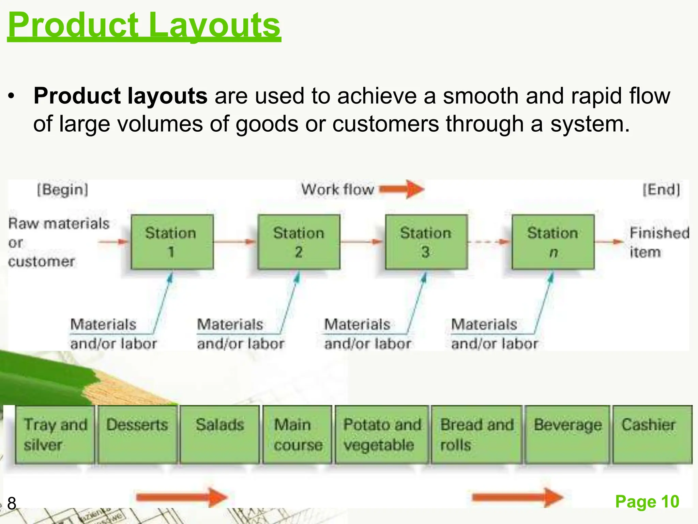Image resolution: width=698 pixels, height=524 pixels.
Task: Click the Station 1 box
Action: (x=172, y=242)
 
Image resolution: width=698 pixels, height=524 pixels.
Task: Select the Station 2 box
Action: (x=299, y=242)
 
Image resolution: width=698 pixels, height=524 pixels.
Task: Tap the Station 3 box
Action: (x=426, y=242)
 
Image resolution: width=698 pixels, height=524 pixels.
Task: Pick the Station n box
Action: (x=553, y=242)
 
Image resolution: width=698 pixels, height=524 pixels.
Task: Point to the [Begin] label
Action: (x=63, y=189)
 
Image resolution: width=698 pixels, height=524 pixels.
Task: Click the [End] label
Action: (x=661, y=190)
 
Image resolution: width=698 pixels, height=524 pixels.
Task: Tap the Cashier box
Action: (x=652, y=434)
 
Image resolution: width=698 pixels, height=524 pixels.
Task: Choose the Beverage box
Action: (x=567, y=434)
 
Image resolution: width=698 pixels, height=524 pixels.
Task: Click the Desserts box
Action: (x=137, y=434)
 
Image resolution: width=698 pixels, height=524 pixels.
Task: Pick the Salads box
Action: (x=219, y=434)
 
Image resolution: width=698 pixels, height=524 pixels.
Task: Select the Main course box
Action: (x=297, y=434)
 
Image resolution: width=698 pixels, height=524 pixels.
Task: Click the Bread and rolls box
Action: (x=476, y=434)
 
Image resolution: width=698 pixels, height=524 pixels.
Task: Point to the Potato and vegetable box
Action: (x=382, y=434)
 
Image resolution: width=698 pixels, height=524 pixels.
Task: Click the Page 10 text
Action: (x=647, y=501)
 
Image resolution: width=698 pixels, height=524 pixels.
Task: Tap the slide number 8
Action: (x=12, y=504)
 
